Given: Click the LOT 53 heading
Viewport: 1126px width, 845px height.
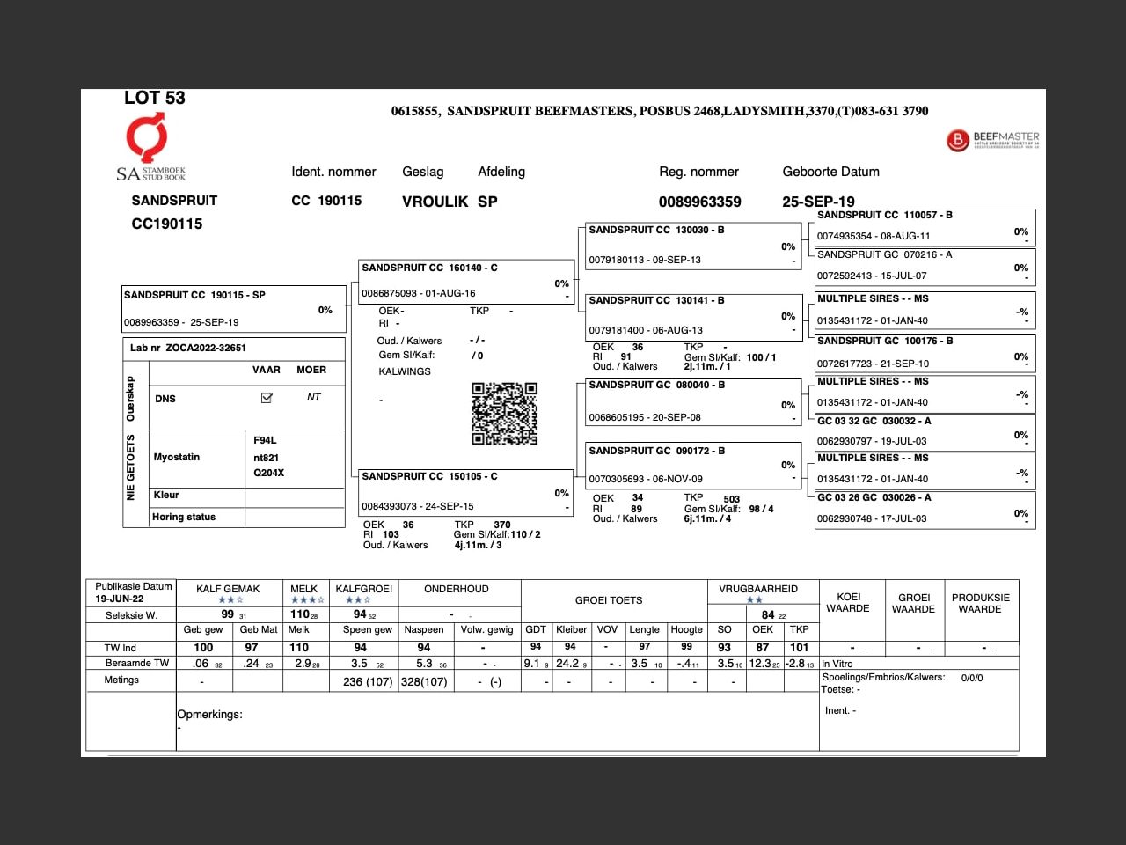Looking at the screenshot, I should pyautogui.click(x=155, y=99).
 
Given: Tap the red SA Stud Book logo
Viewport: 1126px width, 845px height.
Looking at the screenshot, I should pyautogui.click(x=146, y=138).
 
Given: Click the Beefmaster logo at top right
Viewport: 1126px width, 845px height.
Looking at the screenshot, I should pyautogui.click(x=992, y=139).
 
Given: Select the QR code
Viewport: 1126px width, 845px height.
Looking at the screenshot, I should pyautogui.click(x=504, y=413).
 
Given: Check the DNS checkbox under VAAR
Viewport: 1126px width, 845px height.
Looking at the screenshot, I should pyautogui.click(x=267, y=398).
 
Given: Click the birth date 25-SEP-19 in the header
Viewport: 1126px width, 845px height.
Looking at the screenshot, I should pyautogui.click(x=818, y=202).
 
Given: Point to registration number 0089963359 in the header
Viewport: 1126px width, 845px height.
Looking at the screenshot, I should pyautogui.click(x=699, y=202).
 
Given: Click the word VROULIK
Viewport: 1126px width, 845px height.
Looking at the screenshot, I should pyautogui.click(x=435, y=202).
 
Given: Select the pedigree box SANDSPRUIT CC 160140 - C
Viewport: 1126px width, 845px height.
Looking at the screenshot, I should pyautogui.click(x=465, y=281).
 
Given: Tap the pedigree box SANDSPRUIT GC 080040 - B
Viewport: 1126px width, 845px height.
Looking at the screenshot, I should pyautogui.click(x=692, y=400).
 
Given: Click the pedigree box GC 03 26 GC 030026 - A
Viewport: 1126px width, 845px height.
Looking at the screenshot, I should pyautogui.click(x=924, y=508).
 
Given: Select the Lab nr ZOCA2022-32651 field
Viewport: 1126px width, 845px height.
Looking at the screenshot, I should pyautogui.click(x=233, y=348).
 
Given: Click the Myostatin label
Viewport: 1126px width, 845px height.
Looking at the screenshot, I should pyautogui.click(x=177, y=457).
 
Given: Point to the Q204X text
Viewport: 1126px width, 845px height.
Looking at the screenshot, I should pyautogui.click(x=268, y=473).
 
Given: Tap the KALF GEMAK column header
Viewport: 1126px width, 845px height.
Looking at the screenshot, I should pyautogui.click(x=228, y=589).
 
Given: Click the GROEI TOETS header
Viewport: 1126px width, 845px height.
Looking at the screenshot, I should pyautogui.click(x=609, y=600).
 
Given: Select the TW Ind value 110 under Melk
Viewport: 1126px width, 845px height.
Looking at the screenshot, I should pyautogui.click(x=299, y=647).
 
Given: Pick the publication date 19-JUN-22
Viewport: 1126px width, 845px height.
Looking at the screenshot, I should pyautogui.click(x=120, y=599).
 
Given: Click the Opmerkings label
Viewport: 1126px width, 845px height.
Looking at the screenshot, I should pyautogui.click(x=209, y=715).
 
